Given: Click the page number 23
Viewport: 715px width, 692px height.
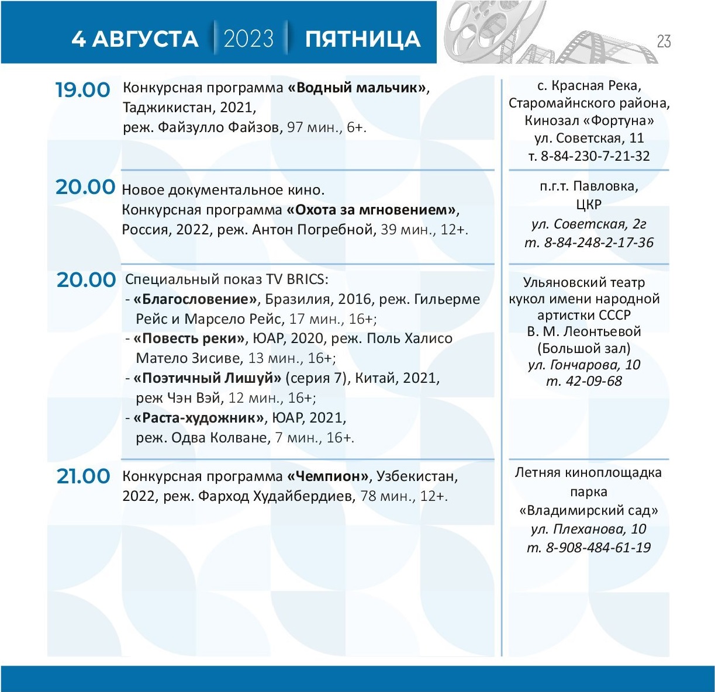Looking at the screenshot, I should point(664,41).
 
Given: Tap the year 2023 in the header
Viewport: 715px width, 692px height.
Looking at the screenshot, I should point(248,39).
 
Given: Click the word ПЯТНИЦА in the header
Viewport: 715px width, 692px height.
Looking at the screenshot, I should point(362,39).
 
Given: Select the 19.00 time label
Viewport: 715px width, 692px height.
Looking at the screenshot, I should point(82,90).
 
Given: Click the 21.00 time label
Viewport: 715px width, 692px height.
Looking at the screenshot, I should point(83,476).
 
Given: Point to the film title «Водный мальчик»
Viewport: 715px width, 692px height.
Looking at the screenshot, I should point(358,88).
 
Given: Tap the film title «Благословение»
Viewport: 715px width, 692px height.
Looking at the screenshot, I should point(195,299).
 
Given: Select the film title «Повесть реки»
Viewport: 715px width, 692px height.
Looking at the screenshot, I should point(189,338).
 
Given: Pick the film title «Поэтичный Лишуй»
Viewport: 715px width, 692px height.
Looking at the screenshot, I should point(208,378).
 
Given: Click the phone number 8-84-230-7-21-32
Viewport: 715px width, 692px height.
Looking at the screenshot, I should point(595,156).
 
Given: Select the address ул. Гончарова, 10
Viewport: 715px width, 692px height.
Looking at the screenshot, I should point(584,365).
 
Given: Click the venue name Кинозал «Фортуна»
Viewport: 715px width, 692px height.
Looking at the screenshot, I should point(589,121).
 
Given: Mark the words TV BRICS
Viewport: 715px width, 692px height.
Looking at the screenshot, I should point(298,279).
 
